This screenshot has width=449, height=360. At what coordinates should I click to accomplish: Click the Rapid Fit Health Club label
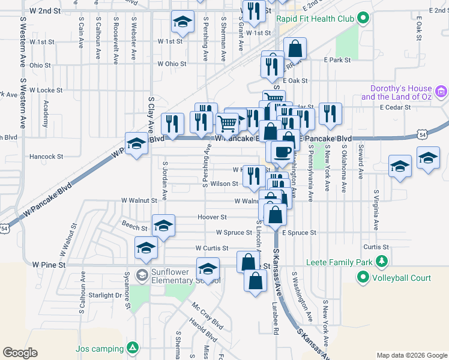[x=315, y=19]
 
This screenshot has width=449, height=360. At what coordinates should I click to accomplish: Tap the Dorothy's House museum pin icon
[x=442, y=92]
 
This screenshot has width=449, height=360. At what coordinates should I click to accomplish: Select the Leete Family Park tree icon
[x=381, y=261]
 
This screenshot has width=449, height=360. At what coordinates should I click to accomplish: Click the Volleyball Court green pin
[x=363, y=278]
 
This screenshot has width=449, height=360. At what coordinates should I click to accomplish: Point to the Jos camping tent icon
[x=132, y=348]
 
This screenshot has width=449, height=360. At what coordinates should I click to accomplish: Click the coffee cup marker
[x=282, y=152]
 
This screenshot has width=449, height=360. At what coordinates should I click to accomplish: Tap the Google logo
[x=20, y=353]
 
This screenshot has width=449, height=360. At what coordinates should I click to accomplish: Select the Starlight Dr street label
[x=105, y=295]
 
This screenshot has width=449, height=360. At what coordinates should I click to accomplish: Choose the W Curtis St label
[x=211, y=248]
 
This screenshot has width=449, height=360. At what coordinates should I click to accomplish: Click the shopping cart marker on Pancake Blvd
[x=227, y=124]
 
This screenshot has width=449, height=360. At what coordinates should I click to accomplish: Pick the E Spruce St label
[x=299, y=233]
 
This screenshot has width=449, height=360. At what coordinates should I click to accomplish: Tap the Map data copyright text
[x=411, y=355]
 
